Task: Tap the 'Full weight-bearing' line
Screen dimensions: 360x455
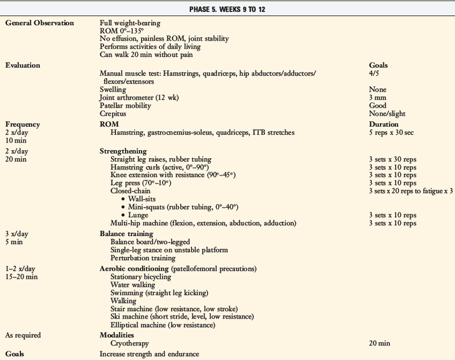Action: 130,23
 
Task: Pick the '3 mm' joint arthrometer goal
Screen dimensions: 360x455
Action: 378,97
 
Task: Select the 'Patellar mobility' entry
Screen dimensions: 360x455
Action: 125,105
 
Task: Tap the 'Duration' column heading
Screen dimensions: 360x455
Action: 384,124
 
